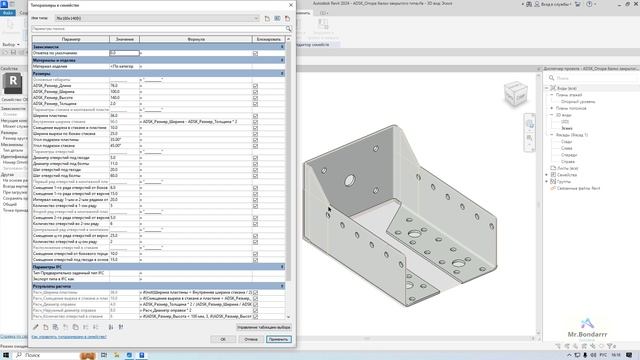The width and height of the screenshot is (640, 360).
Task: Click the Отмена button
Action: pos(251,338)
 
